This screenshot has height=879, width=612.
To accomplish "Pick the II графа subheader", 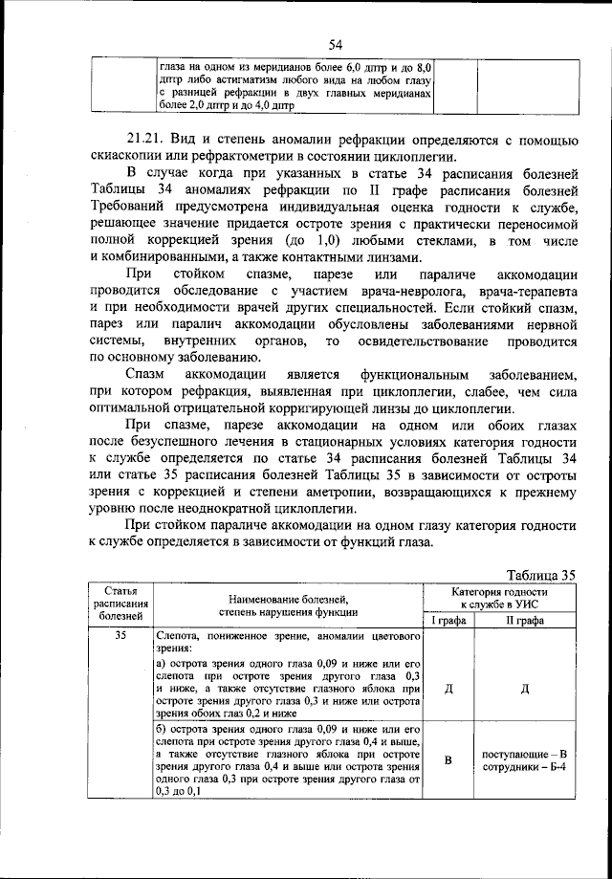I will point(525,620).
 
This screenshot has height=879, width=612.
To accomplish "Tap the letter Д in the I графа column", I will point(448,689).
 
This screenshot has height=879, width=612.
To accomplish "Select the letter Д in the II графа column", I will point(525,689).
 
